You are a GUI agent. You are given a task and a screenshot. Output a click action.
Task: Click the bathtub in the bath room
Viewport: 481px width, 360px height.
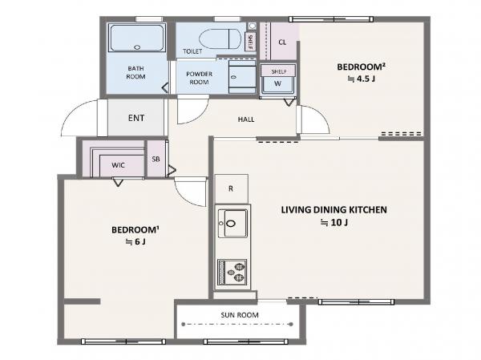137,38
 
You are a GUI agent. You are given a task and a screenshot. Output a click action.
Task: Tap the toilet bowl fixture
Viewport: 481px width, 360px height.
220,39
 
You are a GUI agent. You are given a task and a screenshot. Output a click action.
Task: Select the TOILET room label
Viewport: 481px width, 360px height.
192,51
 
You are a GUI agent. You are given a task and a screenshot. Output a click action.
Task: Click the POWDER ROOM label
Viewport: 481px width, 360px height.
199,78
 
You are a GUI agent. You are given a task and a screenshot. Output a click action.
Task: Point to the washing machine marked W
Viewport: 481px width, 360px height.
278,84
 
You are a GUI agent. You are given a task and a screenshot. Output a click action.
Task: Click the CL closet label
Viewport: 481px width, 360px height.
282,42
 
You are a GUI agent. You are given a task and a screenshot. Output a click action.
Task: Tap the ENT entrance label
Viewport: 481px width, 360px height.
136,118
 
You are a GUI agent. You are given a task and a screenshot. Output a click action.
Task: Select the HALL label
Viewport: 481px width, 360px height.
246,119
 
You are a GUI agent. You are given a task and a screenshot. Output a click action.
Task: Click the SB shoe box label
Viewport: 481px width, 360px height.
156,159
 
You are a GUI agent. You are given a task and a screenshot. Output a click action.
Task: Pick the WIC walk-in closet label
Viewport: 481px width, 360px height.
118,165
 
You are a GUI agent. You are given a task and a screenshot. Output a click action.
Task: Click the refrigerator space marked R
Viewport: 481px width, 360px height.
232,188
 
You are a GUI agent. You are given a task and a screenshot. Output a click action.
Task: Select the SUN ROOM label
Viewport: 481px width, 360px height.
240,315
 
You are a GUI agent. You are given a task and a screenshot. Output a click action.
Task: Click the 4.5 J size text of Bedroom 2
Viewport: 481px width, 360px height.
361,79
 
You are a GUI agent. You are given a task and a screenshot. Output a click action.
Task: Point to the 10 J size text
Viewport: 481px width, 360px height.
334,223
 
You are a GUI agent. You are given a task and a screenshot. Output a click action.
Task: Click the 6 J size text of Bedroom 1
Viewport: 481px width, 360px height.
135,242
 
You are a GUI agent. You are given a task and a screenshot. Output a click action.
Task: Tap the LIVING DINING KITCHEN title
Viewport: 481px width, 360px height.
333,210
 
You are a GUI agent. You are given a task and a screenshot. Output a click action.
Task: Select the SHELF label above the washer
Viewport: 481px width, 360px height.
279,71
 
